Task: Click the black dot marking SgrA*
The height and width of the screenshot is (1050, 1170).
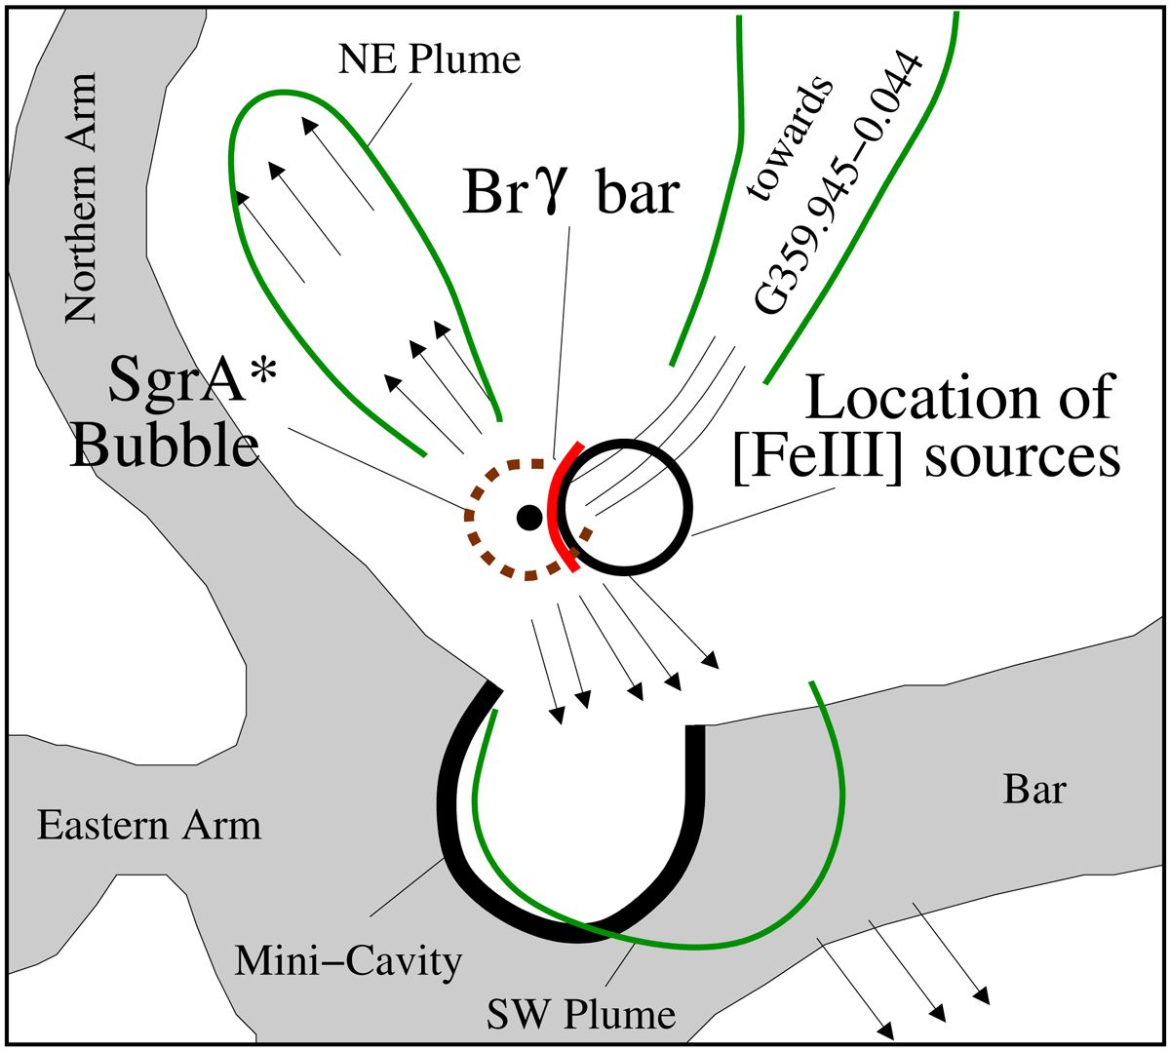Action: [527, 517]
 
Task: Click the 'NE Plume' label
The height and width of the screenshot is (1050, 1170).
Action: [429, 60]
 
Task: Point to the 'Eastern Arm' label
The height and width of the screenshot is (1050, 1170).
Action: [149, 827]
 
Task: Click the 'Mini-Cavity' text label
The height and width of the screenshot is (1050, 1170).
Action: [348, 962]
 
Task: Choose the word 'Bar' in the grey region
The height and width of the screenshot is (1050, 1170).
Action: [1034, 789]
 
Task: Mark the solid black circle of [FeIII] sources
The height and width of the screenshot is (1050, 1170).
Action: [690, 507]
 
